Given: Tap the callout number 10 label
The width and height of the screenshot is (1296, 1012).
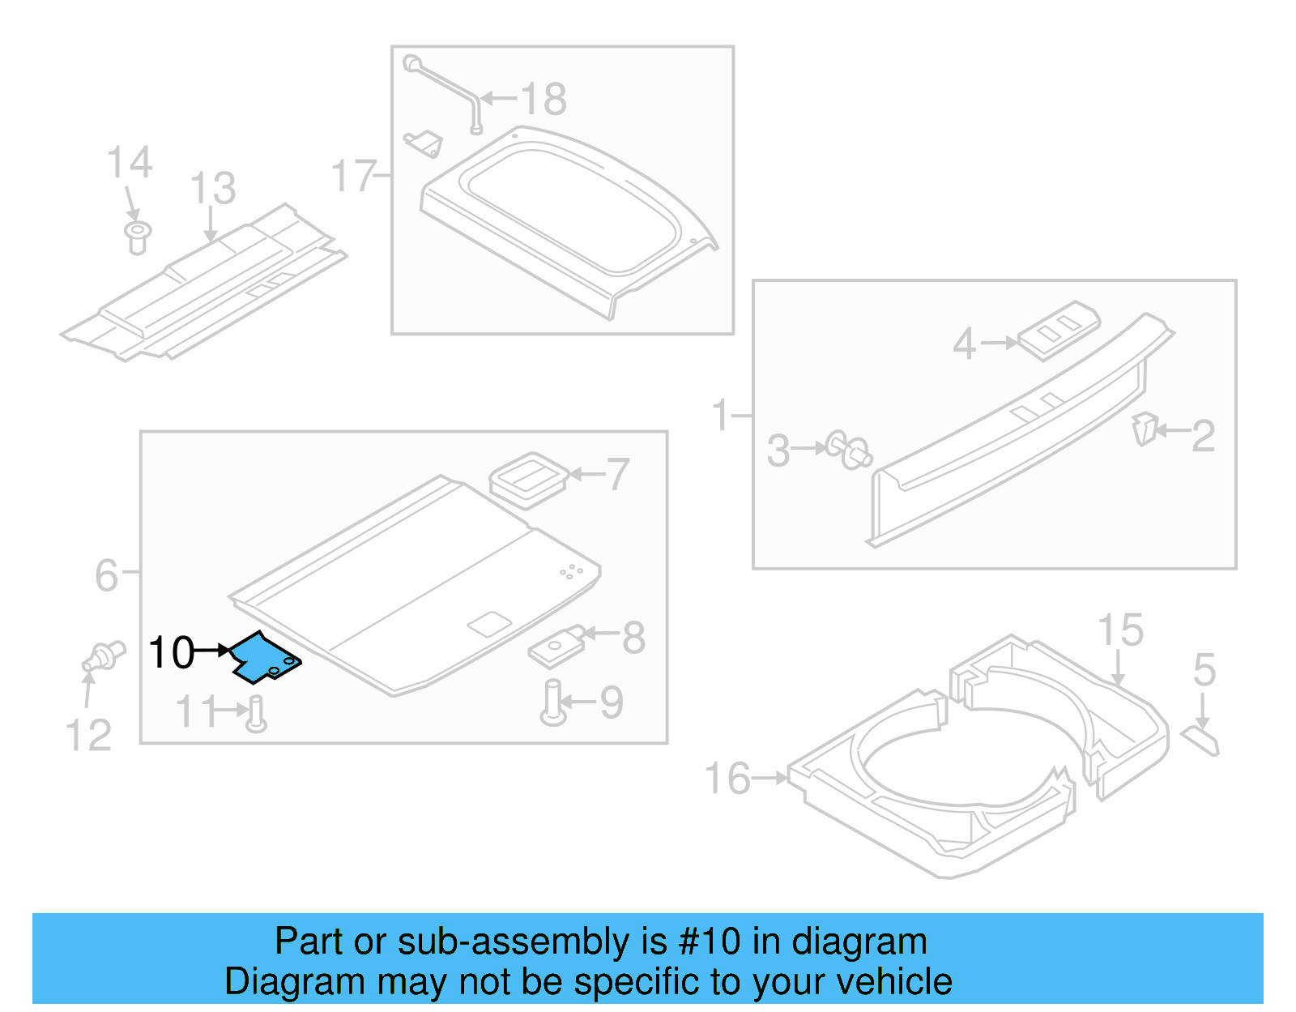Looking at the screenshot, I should pyautogui.click(x=171, y=653).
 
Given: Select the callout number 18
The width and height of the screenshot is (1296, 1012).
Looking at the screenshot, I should pyautogui.click(x=544, y=100).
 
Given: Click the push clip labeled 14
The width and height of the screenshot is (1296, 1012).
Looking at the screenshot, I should pyautogui.click(x=138, y=236).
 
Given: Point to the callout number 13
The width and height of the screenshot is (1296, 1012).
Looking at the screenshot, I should pyautogui.click(x=212, y=189).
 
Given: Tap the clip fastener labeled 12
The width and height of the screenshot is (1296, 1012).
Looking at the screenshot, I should pyautogui.click(x=104, y=655).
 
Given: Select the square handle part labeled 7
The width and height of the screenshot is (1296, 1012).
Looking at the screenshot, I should pyautogui.click(x=527, y=480).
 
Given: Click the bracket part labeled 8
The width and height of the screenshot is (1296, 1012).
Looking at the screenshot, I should pyautogui.click(x=556, y=649).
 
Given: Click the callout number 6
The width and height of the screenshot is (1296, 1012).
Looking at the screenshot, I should pyautogui.click(x=107, y=575).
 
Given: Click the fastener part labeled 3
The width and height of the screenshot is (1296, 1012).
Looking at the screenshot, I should pyautogui.click(x=848, y=450).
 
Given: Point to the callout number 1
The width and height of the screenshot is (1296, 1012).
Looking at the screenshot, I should pyautogui.click(x=721, y=416).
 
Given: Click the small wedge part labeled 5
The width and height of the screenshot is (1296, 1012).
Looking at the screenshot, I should pyautogui.click(x=1200, y=740).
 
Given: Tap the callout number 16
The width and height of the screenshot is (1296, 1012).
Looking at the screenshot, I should pyautogui.click(x=727, y=779).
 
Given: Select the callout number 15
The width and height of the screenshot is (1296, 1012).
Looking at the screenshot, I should pyautogui.click(x=1120, y=630).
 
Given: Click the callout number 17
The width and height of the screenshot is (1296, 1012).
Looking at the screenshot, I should pyautogui.click(x=354, y=176).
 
